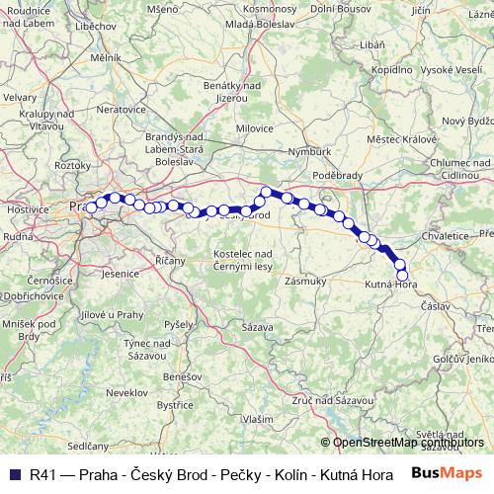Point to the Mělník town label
[x=106, y=58]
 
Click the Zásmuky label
[x=304, y=282]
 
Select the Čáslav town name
[x=443, y=308]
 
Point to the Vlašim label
[x=257, y=419]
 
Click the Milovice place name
[x=255, y=128]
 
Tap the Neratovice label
[x=123, y=108]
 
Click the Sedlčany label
[x=89, y=446]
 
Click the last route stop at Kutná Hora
[x=402, y=275]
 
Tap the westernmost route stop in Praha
[x=91, y=207]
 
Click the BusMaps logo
[x=448, y=473]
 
